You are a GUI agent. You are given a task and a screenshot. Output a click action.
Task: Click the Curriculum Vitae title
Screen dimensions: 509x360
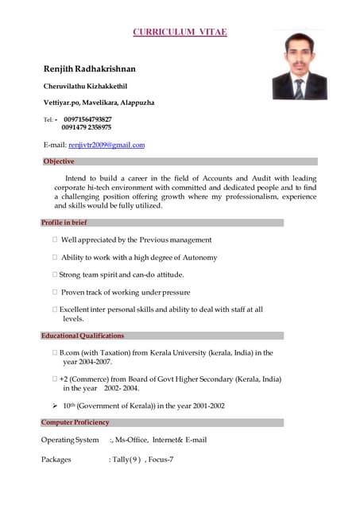coord(180,32)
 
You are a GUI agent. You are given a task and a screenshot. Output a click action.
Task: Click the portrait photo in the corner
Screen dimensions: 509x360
coord(300,66)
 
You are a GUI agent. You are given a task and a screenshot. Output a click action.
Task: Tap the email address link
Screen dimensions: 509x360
coord(106,145)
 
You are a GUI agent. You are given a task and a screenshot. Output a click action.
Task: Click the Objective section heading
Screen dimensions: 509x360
coord(59,161)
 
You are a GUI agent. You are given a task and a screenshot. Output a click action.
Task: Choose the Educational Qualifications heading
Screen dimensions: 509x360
coord(83,336)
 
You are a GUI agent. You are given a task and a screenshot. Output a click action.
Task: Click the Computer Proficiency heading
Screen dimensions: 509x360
coord(75,422)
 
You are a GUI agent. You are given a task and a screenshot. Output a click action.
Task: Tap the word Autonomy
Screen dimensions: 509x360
coord(200,258)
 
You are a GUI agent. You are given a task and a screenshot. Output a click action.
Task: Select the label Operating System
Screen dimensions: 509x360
coord(70,440)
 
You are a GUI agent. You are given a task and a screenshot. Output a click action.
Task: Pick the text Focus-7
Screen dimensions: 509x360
coord(161,459)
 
